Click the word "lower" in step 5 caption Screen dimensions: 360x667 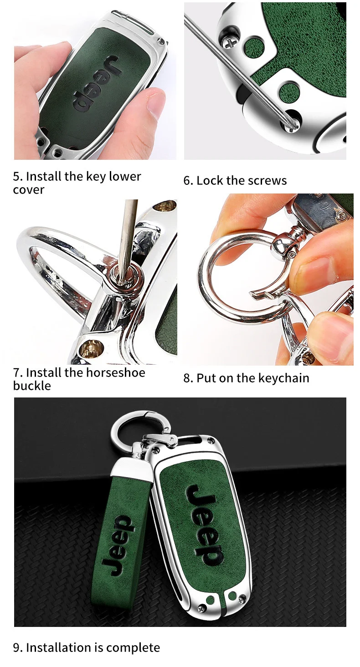pos(124,176)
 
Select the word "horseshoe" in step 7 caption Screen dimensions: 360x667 pos(116,372)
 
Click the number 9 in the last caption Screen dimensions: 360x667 pos(16,647)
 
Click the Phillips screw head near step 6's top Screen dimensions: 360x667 pos(231,44)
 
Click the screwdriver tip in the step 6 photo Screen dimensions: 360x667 pos(291,124)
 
